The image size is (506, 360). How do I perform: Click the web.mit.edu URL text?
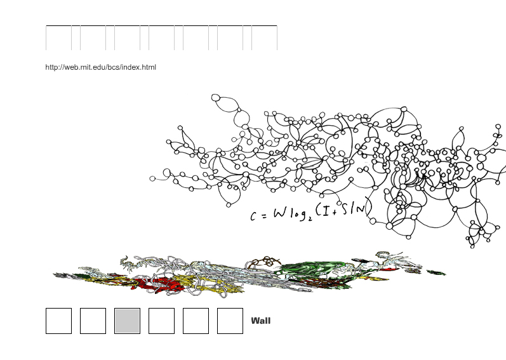click(101, 67)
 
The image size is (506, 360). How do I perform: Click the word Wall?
click(261, 321)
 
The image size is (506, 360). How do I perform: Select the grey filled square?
click(127, 321)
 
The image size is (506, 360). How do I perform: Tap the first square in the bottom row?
click(59, 321)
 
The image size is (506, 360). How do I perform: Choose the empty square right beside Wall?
click(230, 321)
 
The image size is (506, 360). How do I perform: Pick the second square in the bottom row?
click(93, 321)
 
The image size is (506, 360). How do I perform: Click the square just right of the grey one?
click(161, 321)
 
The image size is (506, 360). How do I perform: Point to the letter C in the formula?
click(253, 216)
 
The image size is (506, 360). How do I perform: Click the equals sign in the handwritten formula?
click(265, 216)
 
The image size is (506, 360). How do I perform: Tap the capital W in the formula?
click(280, 213)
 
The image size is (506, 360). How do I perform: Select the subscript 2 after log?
click(310, 219)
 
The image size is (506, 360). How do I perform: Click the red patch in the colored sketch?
click(155, 283)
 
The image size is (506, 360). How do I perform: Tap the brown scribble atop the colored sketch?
click(264, 262)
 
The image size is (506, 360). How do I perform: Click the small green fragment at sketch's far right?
click(436, 273)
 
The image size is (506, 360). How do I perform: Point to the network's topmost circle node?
click(216, 98)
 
